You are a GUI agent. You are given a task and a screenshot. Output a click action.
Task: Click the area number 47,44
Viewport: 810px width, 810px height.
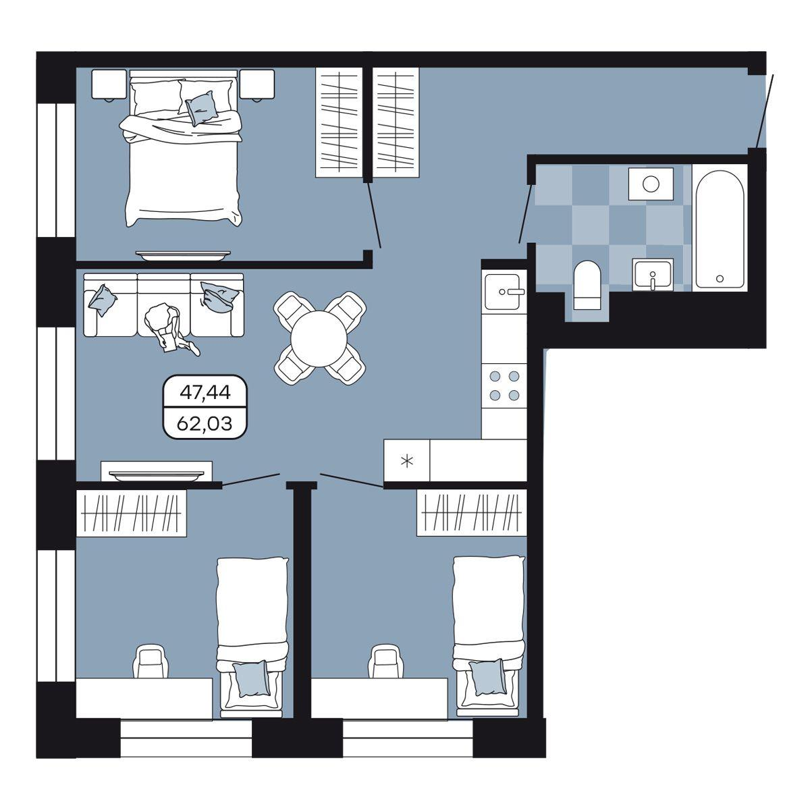[205, 392]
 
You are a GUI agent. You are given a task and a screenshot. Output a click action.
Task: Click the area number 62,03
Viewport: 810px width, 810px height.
[205, 423]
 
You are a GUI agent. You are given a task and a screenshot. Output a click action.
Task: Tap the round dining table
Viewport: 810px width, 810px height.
[319, 338]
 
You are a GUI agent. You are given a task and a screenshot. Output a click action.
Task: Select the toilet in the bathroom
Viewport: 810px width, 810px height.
[588, 285]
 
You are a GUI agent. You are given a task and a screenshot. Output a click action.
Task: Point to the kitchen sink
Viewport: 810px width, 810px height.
[504, 292]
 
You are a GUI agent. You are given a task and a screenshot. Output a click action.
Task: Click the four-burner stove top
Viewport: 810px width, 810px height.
[504, 385]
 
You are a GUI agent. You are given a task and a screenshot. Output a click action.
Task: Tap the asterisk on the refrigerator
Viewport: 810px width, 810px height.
[406, 462]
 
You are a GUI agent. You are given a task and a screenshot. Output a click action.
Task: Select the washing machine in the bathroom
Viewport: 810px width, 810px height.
[651, 184]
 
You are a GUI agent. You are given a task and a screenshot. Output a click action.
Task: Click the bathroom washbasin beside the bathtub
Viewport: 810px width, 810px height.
[652, 275]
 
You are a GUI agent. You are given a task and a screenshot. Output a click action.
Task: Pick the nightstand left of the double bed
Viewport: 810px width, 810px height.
[109, 84]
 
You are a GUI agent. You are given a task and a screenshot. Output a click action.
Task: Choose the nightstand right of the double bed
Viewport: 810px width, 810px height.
[256, 84]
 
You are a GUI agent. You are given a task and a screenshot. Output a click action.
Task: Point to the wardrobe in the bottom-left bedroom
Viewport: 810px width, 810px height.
[131, 513]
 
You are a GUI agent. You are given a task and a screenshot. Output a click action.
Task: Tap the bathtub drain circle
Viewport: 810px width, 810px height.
[720, 278]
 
